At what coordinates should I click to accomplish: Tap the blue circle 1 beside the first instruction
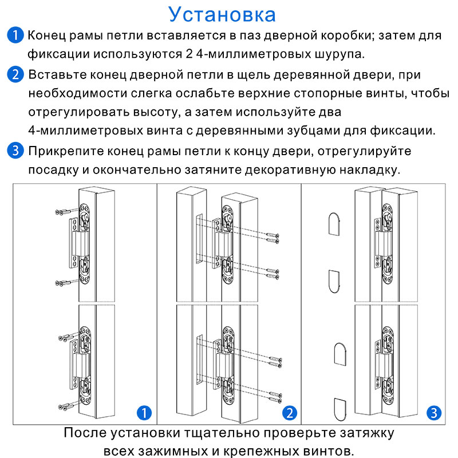pyautogui.click(x=15, y=35)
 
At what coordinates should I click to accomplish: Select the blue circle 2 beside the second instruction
pyautogui.click(x=15, y=74)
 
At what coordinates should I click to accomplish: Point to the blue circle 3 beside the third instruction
pyautogui.click(x=15, y=151)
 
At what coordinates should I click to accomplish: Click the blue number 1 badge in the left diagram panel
pyautogui.click(x=144, y=413)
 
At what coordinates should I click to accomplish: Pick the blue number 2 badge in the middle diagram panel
pyautogui.click(x=290, y=413)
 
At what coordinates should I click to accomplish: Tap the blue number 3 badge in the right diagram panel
pyautogui.click(x=434, y=413)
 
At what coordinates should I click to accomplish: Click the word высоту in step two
pyautogui.click(x=155, y=112)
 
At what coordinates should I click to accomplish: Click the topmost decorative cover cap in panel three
pyautogui.click(x=334, y=224)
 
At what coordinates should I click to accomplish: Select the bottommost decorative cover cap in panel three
pyautogui.click(x=340, y=409)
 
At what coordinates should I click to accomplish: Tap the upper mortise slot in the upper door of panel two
pyautogui.click(x=199, y=238)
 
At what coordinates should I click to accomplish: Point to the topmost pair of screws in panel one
pyautogui.click(x=64, y=211)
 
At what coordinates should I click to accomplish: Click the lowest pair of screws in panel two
pyautogui.click(x=275, y=397)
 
